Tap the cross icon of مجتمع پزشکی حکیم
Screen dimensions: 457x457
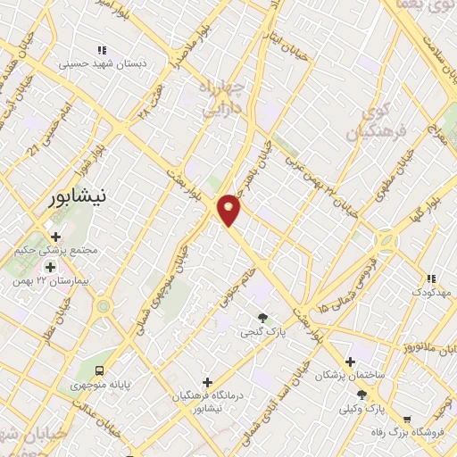(56, 237)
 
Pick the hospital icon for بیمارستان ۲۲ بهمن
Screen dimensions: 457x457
(50, 266)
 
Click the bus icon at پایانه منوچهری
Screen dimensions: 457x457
(99, 370)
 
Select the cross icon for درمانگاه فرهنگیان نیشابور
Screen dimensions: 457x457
(208, 382)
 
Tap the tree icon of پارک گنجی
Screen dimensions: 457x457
(262, 318)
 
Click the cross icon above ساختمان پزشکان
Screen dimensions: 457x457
(351, 361)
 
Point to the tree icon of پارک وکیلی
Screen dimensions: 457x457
(361, 394)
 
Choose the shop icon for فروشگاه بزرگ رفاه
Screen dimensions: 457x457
(408, 420)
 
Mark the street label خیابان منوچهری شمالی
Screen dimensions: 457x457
(153, 295)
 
